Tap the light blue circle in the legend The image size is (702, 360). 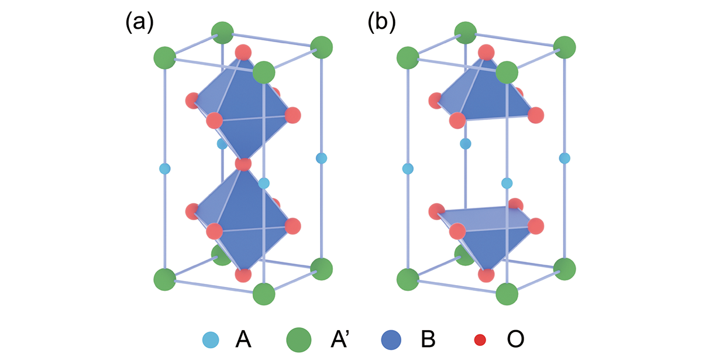click(x=211, y=338)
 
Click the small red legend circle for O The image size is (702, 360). click(x=480, y=338)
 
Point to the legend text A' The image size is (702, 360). click(x=333, y=338)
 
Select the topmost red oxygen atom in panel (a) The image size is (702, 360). click(x=243, y=53)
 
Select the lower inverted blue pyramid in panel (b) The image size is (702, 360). click(x=486, y=237)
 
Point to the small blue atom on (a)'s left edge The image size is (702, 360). click(x=165, y=169)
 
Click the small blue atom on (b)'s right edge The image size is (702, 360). click(x=565, y=158)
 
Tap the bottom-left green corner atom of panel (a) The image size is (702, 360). click(x=165, y=279)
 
